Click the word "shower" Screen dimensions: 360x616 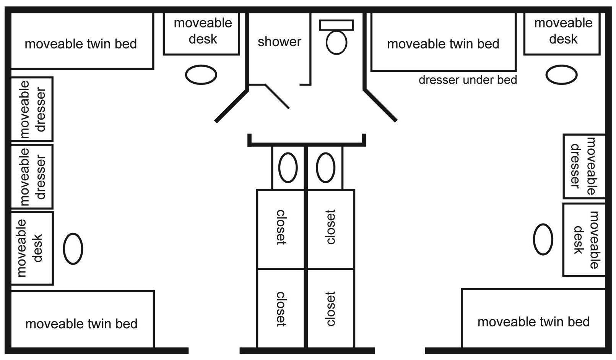[x=279, y=42]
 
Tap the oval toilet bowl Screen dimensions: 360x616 [x=336, y=42]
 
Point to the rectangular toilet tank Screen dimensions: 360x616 [x=336, y=25]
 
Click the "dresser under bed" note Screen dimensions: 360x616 [x=468, y=80]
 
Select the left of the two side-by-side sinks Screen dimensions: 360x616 [x=288, y=167]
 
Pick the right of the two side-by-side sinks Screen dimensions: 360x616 [x=325, y=167]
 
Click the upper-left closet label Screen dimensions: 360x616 [x=281, y=227]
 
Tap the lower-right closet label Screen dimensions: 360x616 [x=330, y=309]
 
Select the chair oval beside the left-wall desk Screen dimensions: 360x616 [x=73, y=249]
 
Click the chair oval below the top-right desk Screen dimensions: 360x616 [x=561, y=75]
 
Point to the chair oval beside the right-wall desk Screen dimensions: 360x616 [x=543, y=239]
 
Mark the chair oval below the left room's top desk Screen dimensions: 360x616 [x=201, y=75]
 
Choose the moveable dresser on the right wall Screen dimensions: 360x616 [x=583, y=166]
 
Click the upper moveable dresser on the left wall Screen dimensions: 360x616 [x=32, y=109]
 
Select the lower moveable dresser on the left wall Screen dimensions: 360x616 [x=32, y=177]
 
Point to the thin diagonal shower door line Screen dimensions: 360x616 [x=277, y=96]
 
